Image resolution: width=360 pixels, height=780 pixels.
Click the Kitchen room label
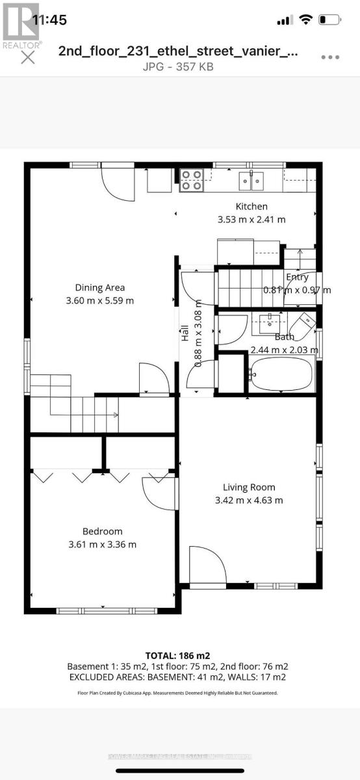tap(251, 207)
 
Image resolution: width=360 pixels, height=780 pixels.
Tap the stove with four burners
tap(192, 180)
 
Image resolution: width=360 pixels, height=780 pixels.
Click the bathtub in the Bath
tap(282, 374)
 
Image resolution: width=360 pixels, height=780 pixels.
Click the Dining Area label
tap(100, 287)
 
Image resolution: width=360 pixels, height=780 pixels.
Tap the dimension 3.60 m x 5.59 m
tap(100, 300)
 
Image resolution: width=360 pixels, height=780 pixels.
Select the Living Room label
tap(249, 487)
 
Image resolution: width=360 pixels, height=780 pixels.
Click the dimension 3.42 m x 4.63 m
tap(249, 500)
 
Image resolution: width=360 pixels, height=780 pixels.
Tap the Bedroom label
tap(102, 531)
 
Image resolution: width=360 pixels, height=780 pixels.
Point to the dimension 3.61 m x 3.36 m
tap(102, 544)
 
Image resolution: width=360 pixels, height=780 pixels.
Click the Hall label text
tap(185, 334)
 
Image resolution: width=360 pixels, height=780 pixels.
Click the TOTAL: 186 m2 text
tap(177, 655)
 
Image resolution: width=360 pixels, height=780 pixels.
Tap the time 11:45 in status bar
tap(49, 20)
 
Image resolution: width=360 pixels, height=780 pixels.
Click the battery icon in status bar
tap(330, 20)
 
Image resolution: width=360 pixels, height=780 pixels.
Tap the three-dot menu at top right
tap(330, 57)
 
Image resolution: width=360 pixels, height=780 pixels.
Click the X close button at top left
tap(28, 57)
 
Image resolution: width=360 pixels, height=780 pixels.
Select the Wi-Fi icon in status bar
tap(305, 20)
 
